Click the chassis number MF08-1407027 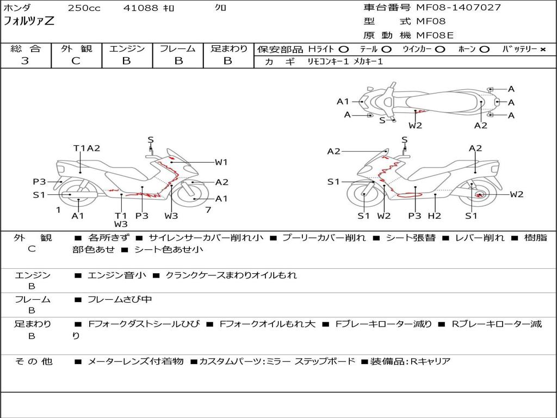458,8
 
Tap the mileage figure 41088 140,8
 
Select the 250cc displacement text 84,8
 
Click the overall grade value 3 25,61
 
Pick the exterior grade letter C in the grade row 76,61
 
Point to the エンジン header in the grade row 127,48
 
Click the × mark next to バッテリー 542,50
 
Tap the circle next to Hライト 344,50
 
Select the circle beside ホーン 485,50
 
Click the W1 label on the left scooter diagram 221,162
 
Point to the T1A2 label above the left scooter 86,148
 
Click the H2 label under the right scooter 435,216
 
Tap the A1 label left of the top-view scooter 343,102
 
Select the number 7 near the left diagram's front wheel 208,210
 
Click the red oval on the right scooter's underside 409,194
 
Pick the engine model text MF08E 435,35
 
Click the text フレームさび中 119,300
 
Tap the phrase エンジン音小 116,275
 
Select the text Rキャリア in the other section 430,361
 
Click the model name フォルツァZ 29,21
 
